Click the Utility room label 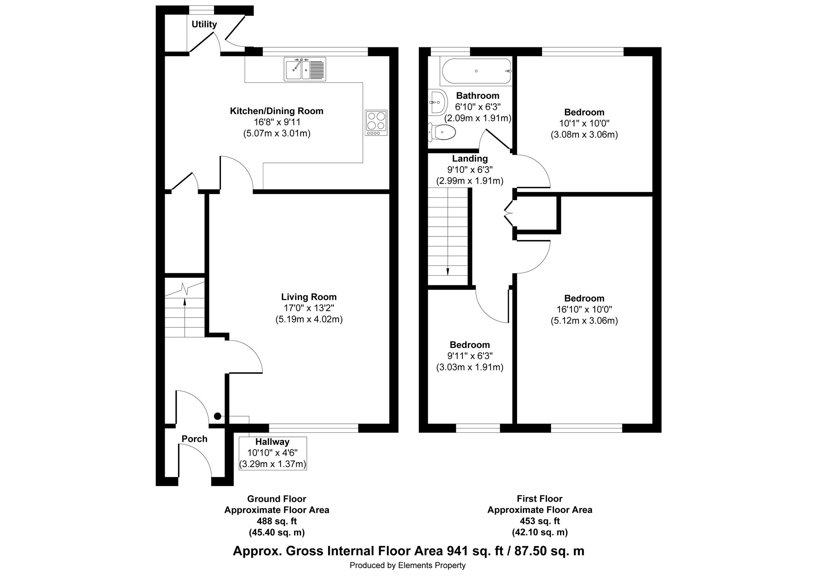pyautogui.click(x=204, y=25)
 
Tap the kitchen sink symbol pyautogui.click(x=305, y=69)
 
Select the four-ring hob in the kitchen pyautogui.click(x=376, y=123)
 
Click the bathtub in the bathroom pyautogui.click(x=476, y=71)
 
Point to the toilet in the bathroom pyautogui.click(x=442, y=132)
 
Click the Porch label pyautogui.click(x=194, y=439)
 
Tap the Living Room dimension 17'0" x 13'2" pyautogui.click(x=309, y=308)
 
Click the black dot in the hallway pyautogui.click(x=218, y=417)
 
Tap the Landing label pyautogui.click(x=470, y=158)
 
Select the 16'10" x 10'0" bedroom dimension pyautogui.click(x=584, y=310)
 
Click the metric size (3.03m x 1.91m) pyautogui.click(x=470, y=367)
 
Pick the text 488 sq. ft pyautogui.click(x=277, y=521)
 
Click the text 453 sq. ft pyautogui.click(x=540, y=521)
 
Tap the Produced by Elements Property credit pyautogui.click(x=408, y=566)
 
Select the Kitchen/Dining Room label pyautogui.click(x=277, y=111)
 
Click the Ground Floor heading pyautogui.click(x=277, y=499)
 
